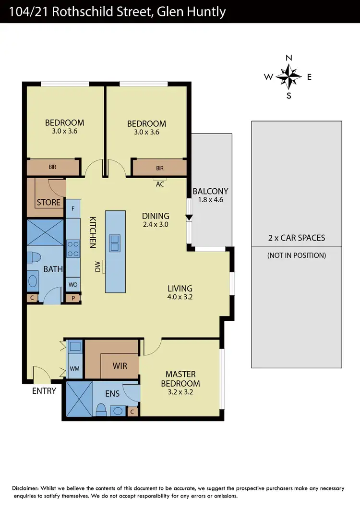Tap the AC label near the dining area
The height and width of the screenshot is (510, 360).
(160, 183)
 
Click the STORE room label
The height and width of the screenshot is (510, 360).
(48, 202)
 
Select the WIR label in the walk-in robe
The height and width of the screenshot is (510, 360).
(120, 366)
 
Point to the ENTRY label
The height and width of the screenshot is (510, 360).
(44, 391)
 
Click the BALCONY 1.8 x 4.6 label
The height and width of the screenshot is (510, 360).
(210, 195)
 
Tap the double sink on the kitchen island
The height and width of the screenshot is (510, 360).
(115, 243)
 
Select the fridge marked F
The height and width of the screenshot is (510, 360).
(72, 209)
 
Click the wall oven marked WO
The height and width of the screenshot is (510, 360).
(73, 285)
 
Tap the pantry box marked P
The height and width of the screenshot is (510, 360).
(73, 298)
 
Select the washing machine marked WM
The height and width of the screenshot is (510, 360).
(74, 368)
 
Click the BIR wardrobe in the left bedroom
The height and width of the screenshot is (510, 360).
(52, 168)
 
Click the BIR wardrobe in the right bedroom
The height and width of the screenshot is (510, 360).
(160, 168)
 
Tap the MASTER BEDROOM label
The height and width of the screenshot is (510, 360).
(182, 378)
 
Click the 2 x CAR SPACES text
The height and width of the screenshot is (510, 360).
(297, 238)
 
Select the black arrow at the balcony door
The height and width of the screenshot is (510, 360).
(189, 217)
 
